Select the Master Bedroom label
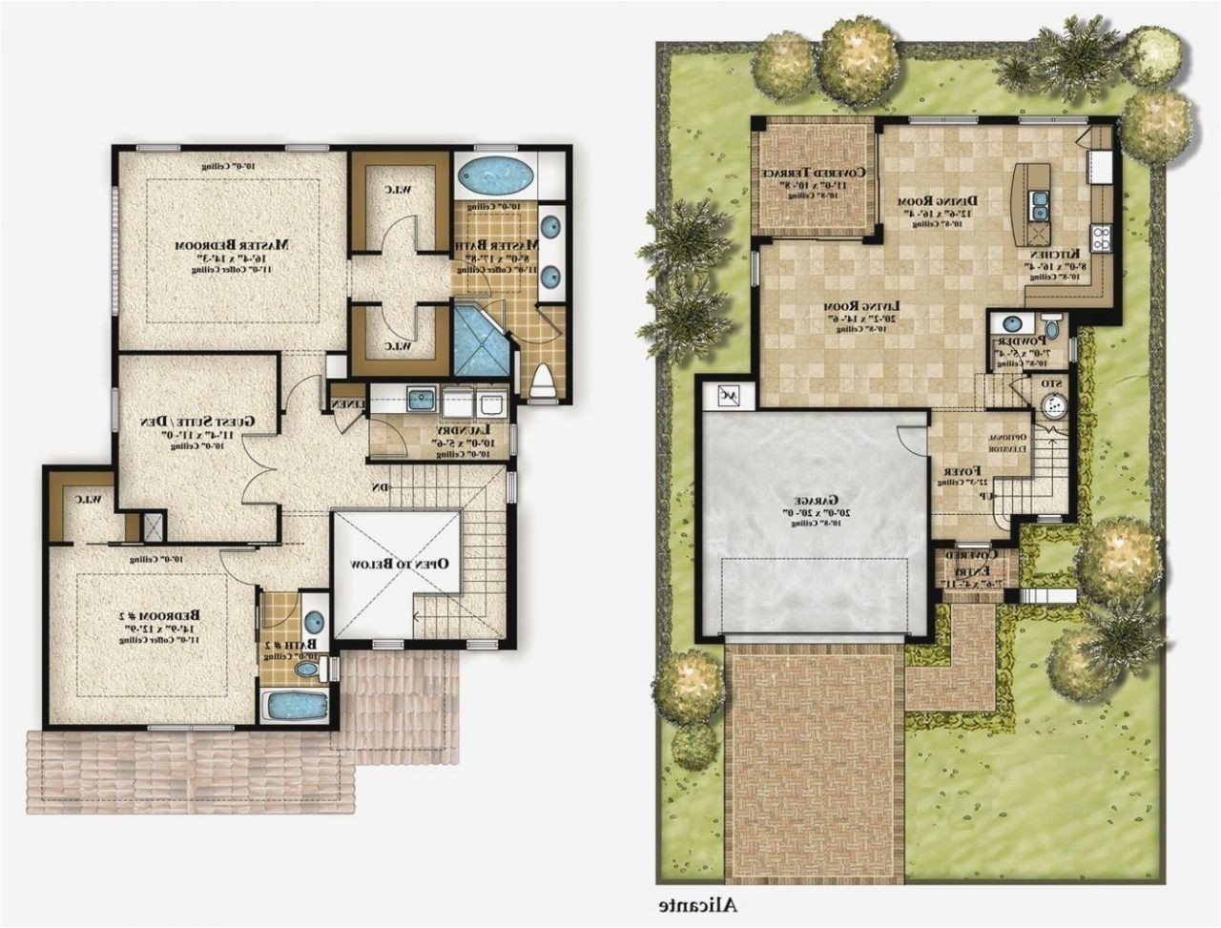(x=232, y=245)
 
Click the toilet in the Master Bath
(x=542, y=382)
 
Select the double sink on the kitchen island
(x=1037, y=201)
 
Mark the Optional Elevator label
(x=1005, y=438)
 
